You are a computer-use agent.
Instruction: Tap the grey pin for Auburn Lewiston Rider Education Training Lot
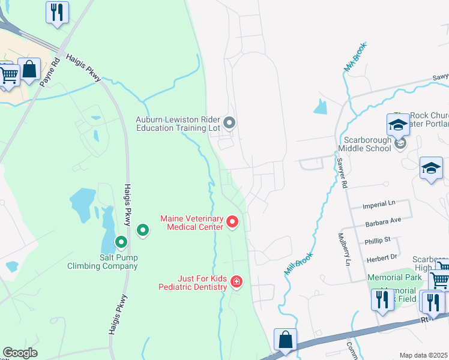(x=229, y=124)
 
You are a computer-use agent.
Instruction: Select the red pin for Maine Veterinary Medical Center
(x=232, y=223)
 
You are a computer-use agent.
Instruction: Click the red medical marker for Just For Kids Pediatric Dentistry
(x=236, y=281)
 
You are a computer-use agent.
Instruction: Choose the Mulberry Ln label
(x=346, y=249)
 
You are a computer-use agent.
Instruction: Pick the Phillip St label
(x=378, y=239)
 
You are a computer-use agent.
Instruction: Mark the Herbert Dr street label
(x=381, y=256)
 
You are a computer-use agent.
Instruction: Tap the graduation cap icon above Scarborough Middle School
(x=398, y=125)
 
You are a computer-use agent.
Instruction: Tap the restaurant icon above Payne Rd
(x=57, y=12)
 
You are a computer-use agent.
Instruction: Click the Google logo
(x=20, y=353)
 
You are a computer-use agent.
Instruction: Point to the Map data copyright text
(x=423, y=355)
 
